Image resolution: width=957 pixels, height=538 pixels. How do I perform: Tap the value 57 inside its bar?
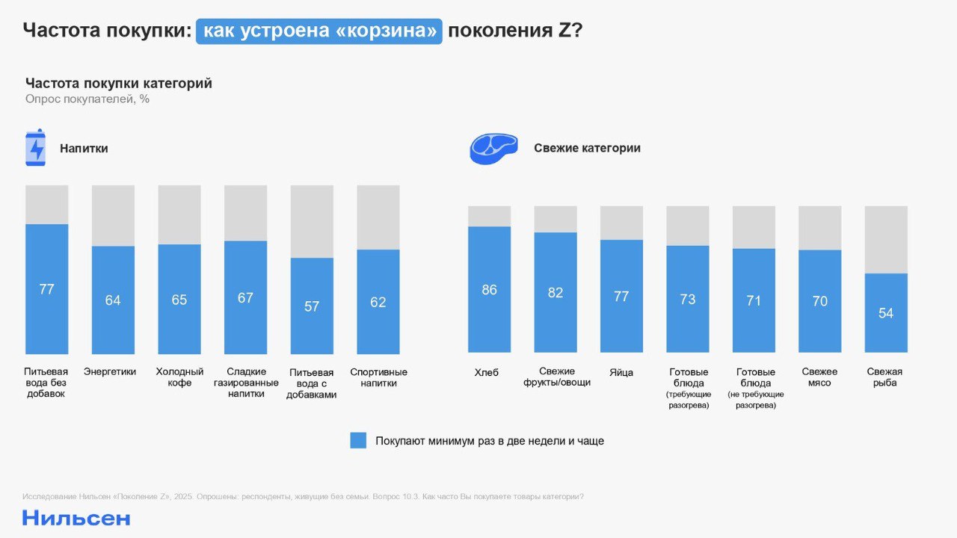(x=312, y=306)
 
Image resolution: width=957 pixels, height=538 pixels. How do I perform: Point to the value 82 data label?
(x=555, y=293)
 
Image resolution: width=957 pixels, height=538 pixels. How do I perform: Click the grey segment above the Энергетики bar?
(x=113, y=215)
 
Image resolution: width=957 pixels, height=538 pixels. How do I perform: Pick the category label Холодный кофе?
(x=179, y=377)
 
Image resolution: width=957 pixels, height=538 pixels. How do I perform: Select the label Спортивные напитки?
(x=378, y=377)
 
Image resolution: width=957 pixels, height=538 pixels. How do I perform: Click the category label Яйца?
(x=621, y=372)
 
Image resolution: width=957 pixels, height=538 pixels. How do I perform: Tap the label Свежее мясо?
(x=819, y=377)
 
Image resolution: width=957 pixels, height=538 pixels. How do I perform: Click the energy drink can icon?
(x=36, y=147)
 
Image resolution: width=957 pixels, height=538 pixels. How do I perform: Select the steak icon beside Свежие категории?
(x=493, y=149)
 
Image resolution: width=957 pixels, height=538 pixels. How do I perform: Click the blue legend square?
(x=358, y=440)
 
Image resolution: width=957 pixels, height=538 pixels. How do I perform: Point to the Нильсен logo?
(x=76, y=518)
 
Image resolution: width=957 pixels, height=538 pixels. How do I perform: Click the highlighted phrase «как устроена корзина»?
(x=319, y=31)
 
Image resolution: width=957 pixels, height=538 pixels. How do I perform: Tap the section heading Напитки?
(x=84, y=149)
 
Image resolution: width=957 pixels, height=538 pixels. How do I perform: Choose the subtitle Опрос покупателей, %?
(x=87, y=99)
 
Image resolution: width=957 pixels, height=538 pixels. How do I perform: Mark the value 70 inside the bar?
(x=819, y=301)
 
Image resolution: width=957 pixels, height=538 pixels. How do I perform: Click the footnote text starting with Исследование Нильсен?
(x=303, y=497)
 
